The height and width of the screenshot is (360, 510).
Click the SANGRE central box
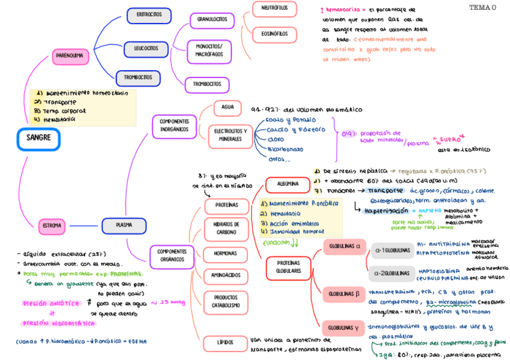(38, 139)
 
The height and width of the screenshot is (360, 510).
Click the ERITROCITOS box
(149, 14)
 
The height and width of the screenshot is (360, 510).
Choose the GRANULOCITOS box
(212, 20)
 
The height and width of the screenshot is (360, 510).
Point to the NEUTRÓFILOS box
(274, 8)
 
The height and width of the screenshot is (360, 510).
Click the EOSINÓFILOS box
(274, 34)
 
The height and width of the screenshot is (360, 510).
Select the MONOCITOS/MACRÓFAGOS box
(209, 50)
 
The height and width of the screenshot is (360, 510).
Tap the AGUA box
(228, 108)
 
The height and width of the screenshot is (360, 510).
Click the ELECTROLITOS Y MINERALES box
(230, 135)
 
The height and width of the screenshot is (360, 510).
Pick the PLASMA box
(124, 226)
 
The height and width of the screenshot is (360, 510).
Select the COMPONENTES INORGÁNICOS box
(174, 126)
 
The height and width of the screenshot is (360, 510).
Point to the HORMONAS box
(226, 254)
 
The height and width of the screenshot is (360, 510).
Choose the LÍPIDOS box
(226, 342)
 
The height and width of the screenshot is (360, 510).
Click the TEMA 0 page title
(482, 8)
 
